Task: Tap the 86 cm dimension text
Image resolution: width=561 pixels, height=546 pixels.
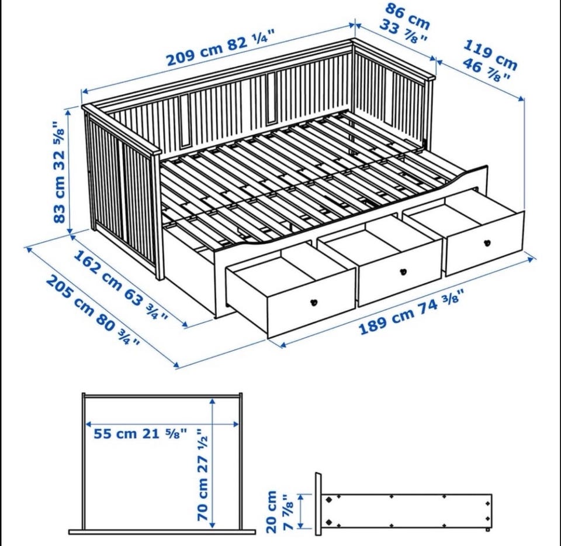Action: pos(407,16)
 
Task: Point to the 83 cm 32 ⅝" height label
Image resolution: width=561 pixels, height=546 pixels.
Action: pos(60,172)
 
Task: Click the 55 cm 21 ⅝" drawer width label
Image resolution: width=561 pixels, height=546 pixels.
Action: pos(140,433)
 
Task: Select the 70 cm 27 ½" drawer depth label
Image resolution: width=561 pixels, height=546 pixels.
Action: pos(202,475)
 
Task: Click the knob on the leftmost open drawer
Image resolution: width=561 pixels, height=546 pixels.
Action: pos(314,302)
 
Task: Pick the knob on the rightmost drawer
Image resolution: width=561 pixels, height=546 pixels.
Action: pos(487,242)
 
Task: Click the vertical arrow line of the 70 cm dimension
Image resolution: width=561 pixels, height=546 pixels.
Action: pos(213,463)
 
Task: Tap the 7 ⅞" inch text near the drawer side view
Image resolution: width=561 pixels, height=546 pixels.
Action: pos(288,511)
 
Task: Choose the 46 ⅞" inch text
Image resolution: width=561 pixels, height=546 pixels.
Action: pos(487,71)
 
